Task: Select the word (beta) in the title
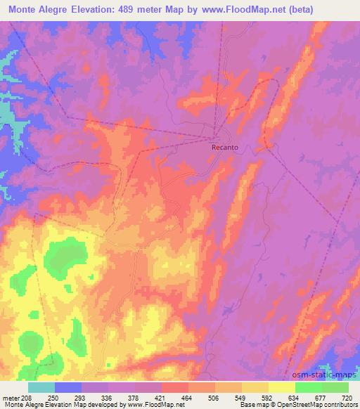tap(297, 9)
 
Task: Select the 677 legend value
tap(320, 398)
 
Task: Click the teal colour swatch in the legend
tap(41, 388)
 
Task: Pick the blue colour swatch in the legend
tap(68, 388)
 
